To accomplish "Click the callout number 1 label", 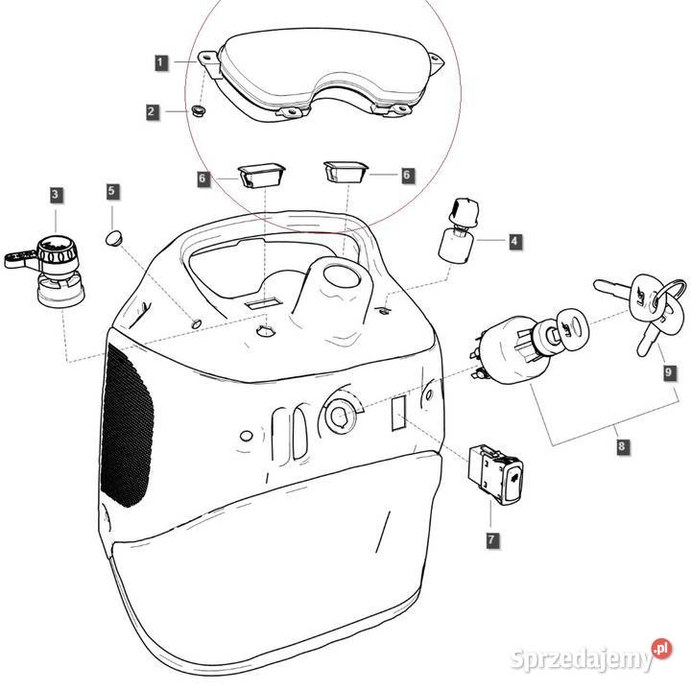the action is [161, 62].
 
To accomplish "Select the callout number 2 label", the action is [152, 111].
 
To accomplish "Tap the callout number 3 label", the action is [55, 194].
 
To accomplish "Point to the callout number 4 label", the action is [513, 241].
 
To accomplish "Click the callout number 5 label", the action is [112, 191].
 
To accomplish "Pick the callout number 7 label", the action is [491, 539].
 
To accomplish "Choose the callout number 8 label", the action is [622, 446].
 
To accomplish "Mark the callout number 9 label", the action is [670, 372].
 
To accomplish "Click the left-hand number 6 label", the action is [203, 179].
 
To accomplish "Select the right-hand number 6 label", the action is [407, 175].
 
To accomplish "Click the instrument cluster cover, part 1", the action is [322, 74].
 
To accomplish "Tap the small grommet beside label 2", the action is [200, 110].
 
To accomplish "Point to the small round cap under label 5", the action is [114, 238].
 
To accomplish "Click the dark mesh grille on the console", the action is [127, 425].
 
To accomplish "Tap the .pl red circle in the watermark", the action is [661, 648].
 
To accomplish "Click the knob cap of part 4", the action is [464, 210].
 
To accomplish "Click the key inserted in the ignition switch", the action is [570, 329].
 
